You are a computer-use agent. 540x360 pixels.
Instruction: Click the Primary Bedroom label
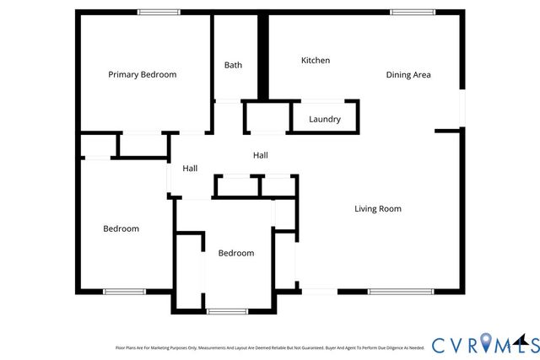pyautogui.click(x=142, y=74)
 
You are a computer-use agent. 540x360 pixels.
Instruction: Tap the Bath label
pyautogui.click(x=233, y=65)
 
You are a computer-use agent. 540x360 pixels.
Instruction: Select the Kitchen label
pyautogui.click(x=316, y=61)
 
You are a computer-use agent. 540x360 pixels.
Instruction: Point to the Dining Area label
pyautogui.click(x=408, y=75)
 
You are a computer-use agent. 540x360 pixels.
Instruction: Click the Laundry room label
pyautogui.click(x=325, y=120)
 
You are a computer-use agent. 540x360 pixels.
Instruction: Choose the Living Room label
pyautogui.click(x=377, y=209)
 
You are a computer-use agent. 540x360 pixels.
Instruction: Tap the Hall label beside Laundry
pyautogui.click(x=261, y=155)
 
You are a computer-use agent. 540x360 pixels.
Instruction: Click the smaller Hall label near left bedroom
pyautogui.click(x=190, y=169)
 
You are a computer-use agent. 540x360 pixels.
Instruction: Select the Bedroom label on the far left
pyautogui.click(x=121, y=228)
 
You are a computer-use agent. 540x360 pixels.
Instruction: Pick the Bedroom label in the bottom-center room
pyautogui.click(x=235, y=253)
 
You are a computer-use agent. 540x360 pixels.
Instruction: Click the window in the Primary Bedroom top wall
pyautogui.click(x=159, y=12)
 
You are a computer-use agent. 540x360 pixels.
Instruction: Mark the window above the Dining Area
pyautogui.click(x=413, y=12)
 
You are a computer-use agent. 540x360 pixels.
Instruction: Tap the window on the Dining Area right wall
pyautogui.click(x=462, y=108)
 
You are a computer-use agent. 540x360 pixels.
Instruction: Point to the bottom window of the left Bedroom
pyautogui.click(x=124, y=292)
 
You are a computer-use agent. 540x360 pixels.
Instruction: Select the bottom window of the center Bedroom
pyautogui.click(x=226, y=312)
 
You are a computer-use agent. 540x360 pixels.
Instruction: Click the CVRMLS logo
pyautogui.click(x=485, y=344)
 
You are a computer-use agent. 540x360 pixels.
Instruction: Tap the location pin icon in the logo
pyautogui.click(x=487, y=342)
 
